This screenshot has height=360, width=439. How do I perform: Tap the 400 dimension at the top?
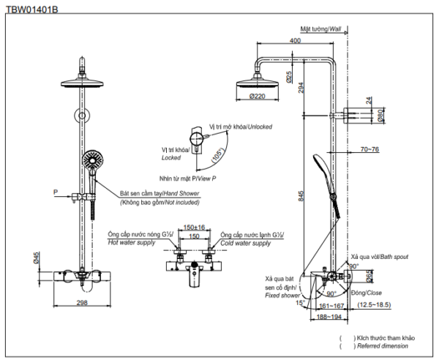[295, 41]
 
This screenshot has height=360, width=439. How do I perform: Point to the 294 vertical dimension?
[301, 87]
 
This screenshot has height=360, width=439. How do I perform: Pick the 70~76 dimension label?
[370, 149]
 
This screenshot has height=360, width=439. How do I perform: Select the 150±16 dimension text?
[194, 228]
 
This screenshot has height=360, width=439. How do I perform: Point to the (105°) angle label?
[217, 156]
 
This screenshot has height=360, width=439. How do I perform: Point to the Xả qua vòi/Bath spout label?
[379, 258]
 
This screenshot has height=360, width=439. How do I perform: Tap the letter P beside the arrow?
[55, 192]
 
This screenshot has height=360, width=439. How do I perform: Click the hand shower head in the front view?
[92, 160]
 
